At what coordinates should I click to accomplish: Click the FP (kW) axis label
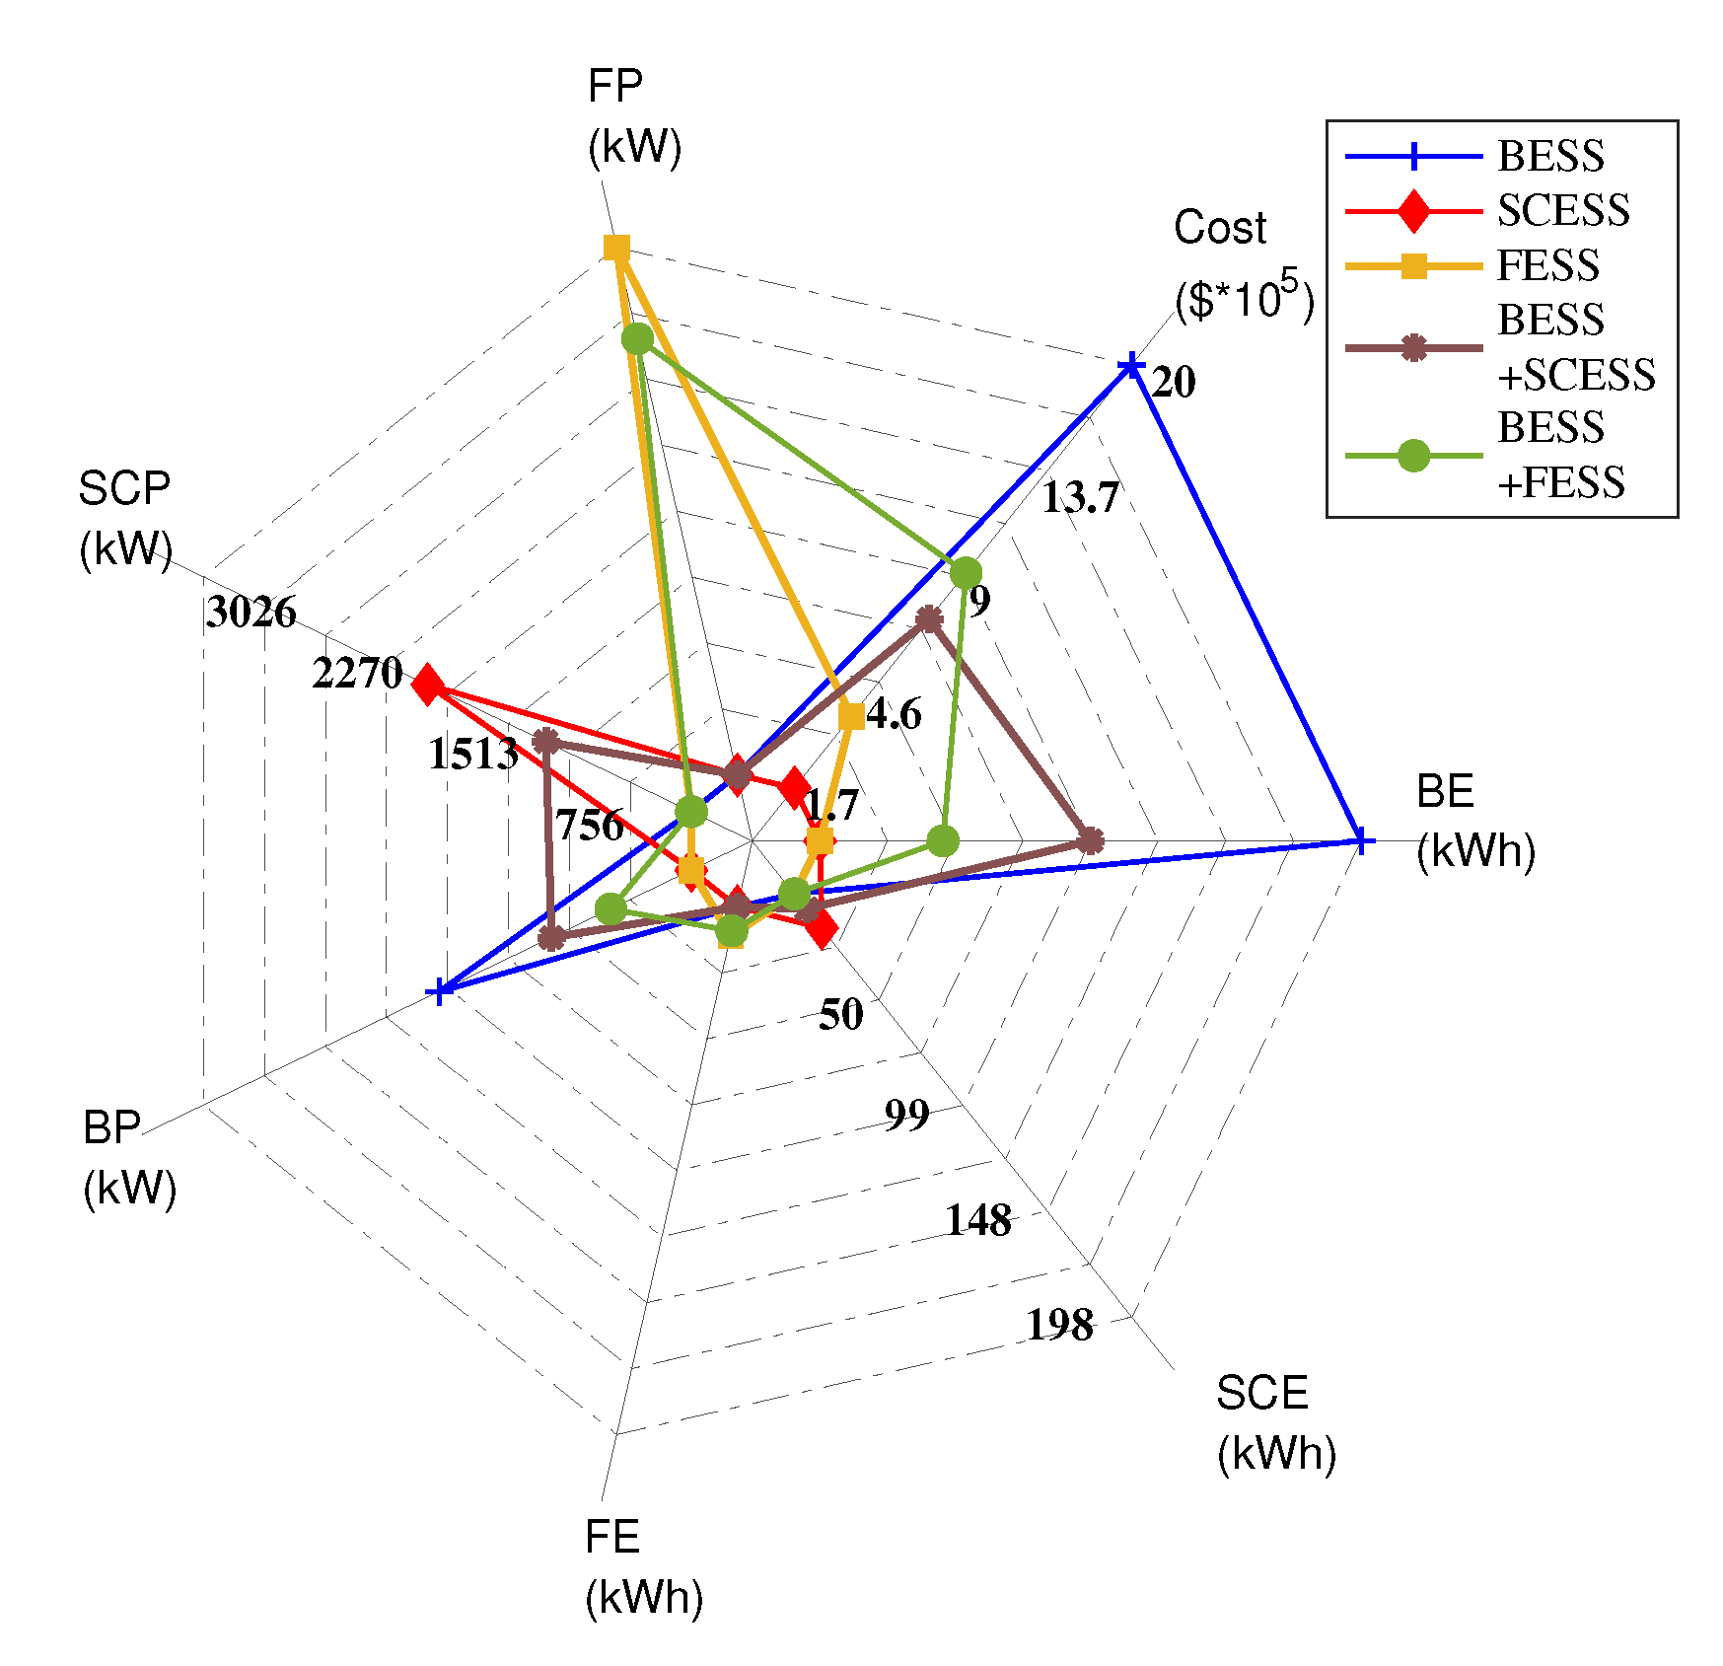634,116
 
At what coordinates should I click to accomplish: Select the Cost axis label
1243,263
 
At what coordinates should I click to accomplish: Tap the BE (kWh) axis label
1474,821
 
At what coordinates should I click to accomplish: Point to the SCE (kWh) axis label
1275,1422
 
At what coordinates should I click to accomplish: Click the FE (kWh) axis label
643,1567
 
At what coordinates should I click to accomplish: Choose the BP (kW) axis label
129,1157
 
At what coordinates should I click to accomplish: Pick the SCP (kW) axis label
125,518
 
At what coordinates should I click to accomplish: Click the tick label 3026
251,613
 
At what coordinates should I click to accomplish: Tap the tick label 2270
357,673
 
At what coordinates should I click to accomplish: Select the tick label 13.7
1081,498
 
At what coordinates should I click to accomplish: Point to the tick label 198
1060,1325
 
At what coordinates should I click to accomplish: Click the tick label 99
906,1115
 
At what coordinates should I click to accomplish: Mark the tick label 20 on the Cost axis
1173,383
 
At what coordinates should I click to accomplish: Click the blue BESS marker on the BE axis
1360,841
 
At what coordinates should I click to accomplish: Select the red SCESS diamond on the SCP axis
427,685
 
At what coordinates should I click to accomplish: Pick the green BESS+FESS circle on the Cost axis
966,572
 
